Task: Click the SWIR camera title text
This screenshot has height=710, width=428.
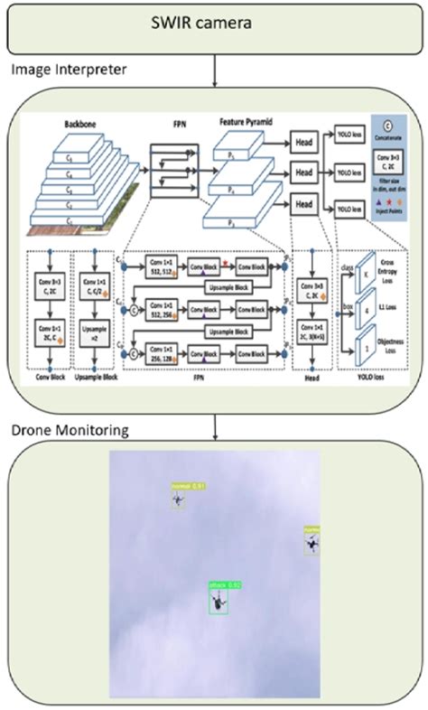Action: coord(213,25)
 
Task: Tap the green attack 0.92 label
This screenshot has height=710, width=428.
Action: coord(224,585)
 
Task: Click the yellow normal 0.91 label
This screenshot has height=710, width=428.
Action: coord(188,486)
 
